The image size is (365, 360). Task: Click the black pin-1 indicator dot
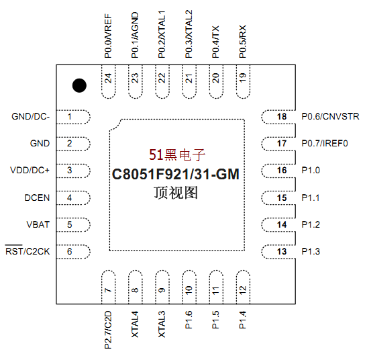point(79,85)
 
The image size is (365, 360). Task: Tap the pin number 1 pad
point(73,117)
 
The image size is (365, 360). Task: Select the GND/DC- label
point(31,116)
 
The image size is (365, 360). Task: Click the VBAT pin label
point(38,224)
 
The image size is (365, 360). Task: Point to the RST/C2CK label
point(28,251)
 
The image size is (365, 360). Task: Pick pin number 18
point(282,116)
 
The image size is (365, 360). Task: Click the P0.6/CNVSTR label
point(330,116)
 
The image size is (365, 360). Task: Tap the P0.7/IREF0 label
point(325,143)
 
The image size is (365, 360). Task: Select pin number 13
point(282,252)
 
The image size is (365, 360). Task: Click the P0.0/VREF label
point(108,36)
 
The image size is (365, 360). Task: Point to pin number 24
point(108,78)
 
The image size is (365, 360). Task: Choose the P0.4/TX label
point(215,42)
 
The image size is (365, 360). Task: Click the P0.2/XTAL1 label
point(162,34)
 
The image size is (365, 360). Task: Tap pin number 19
point(243,78)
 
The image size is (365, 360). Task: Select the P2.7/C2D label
point(108,330)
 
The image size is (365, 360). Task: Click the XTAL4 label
point(135,324)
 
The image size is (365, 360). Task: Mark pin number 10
point(189,290)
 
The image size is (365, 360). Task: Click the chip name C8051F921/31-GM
point(176,174)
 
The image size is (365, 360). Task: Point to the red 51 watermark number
point(156,154)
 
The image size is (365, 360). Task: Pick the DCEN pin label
point(37,198)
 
